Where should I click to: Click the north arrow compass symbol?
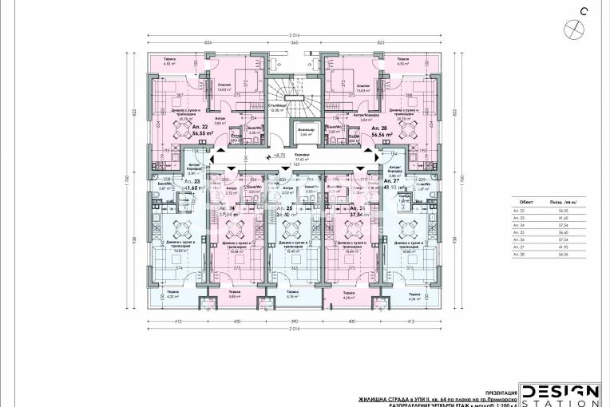(572, 27)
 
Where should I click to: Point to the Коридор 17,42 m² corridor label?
(301, 158)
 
